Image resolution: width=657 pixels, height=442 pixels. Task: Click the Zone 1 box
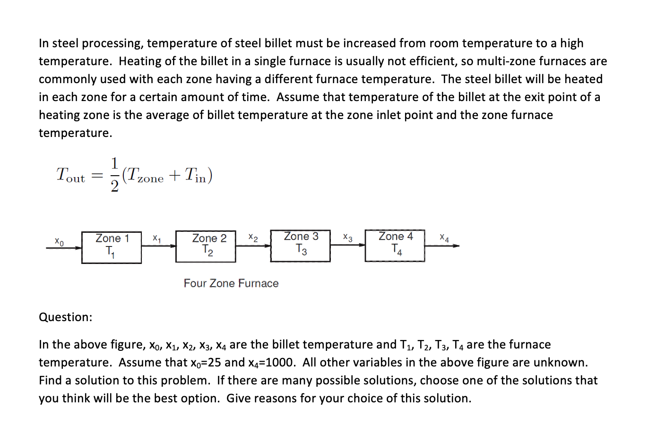[x=112, y=247]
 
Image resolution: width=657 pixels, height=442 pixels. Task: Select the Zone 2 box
[x=206, y=246]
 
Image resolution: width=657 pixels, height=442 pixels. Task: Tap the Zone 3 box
[x=300, y=246]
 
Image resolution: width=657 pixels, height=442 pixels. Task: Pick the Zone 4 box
[x=395, y=246]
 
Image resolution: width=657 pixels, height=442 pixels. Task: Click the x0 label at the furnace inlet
[x=59, y=241]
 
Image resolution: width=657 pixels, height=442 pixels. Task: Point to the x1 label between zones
[x=157, y=238]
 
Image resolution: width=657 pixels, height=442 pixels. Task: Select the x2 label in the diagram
[x=253, y=238]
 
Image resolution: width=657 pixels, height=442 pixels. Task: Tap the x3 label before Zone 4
[x=347, y=238]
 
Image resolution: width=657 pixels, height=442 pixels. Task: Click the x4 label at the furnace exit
[x=444, y=238]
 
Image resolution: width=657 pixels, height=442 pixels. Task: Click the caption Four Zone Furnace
[x=231, y=283]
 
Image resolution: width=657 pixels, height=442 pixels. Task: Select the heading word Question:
[x=66, y=317]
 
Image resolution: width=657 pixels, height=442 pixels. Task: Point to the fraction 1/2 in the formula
[x=114, y=175]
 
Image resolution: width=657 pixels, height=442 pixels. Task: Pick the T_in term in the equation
[x=195, y=176]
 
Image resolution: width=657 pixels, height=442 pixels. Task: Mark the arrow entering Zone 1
[x=64, y=247]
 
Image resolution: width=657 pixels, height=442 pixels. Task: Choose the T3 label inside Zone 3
[x=301, y=249]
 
